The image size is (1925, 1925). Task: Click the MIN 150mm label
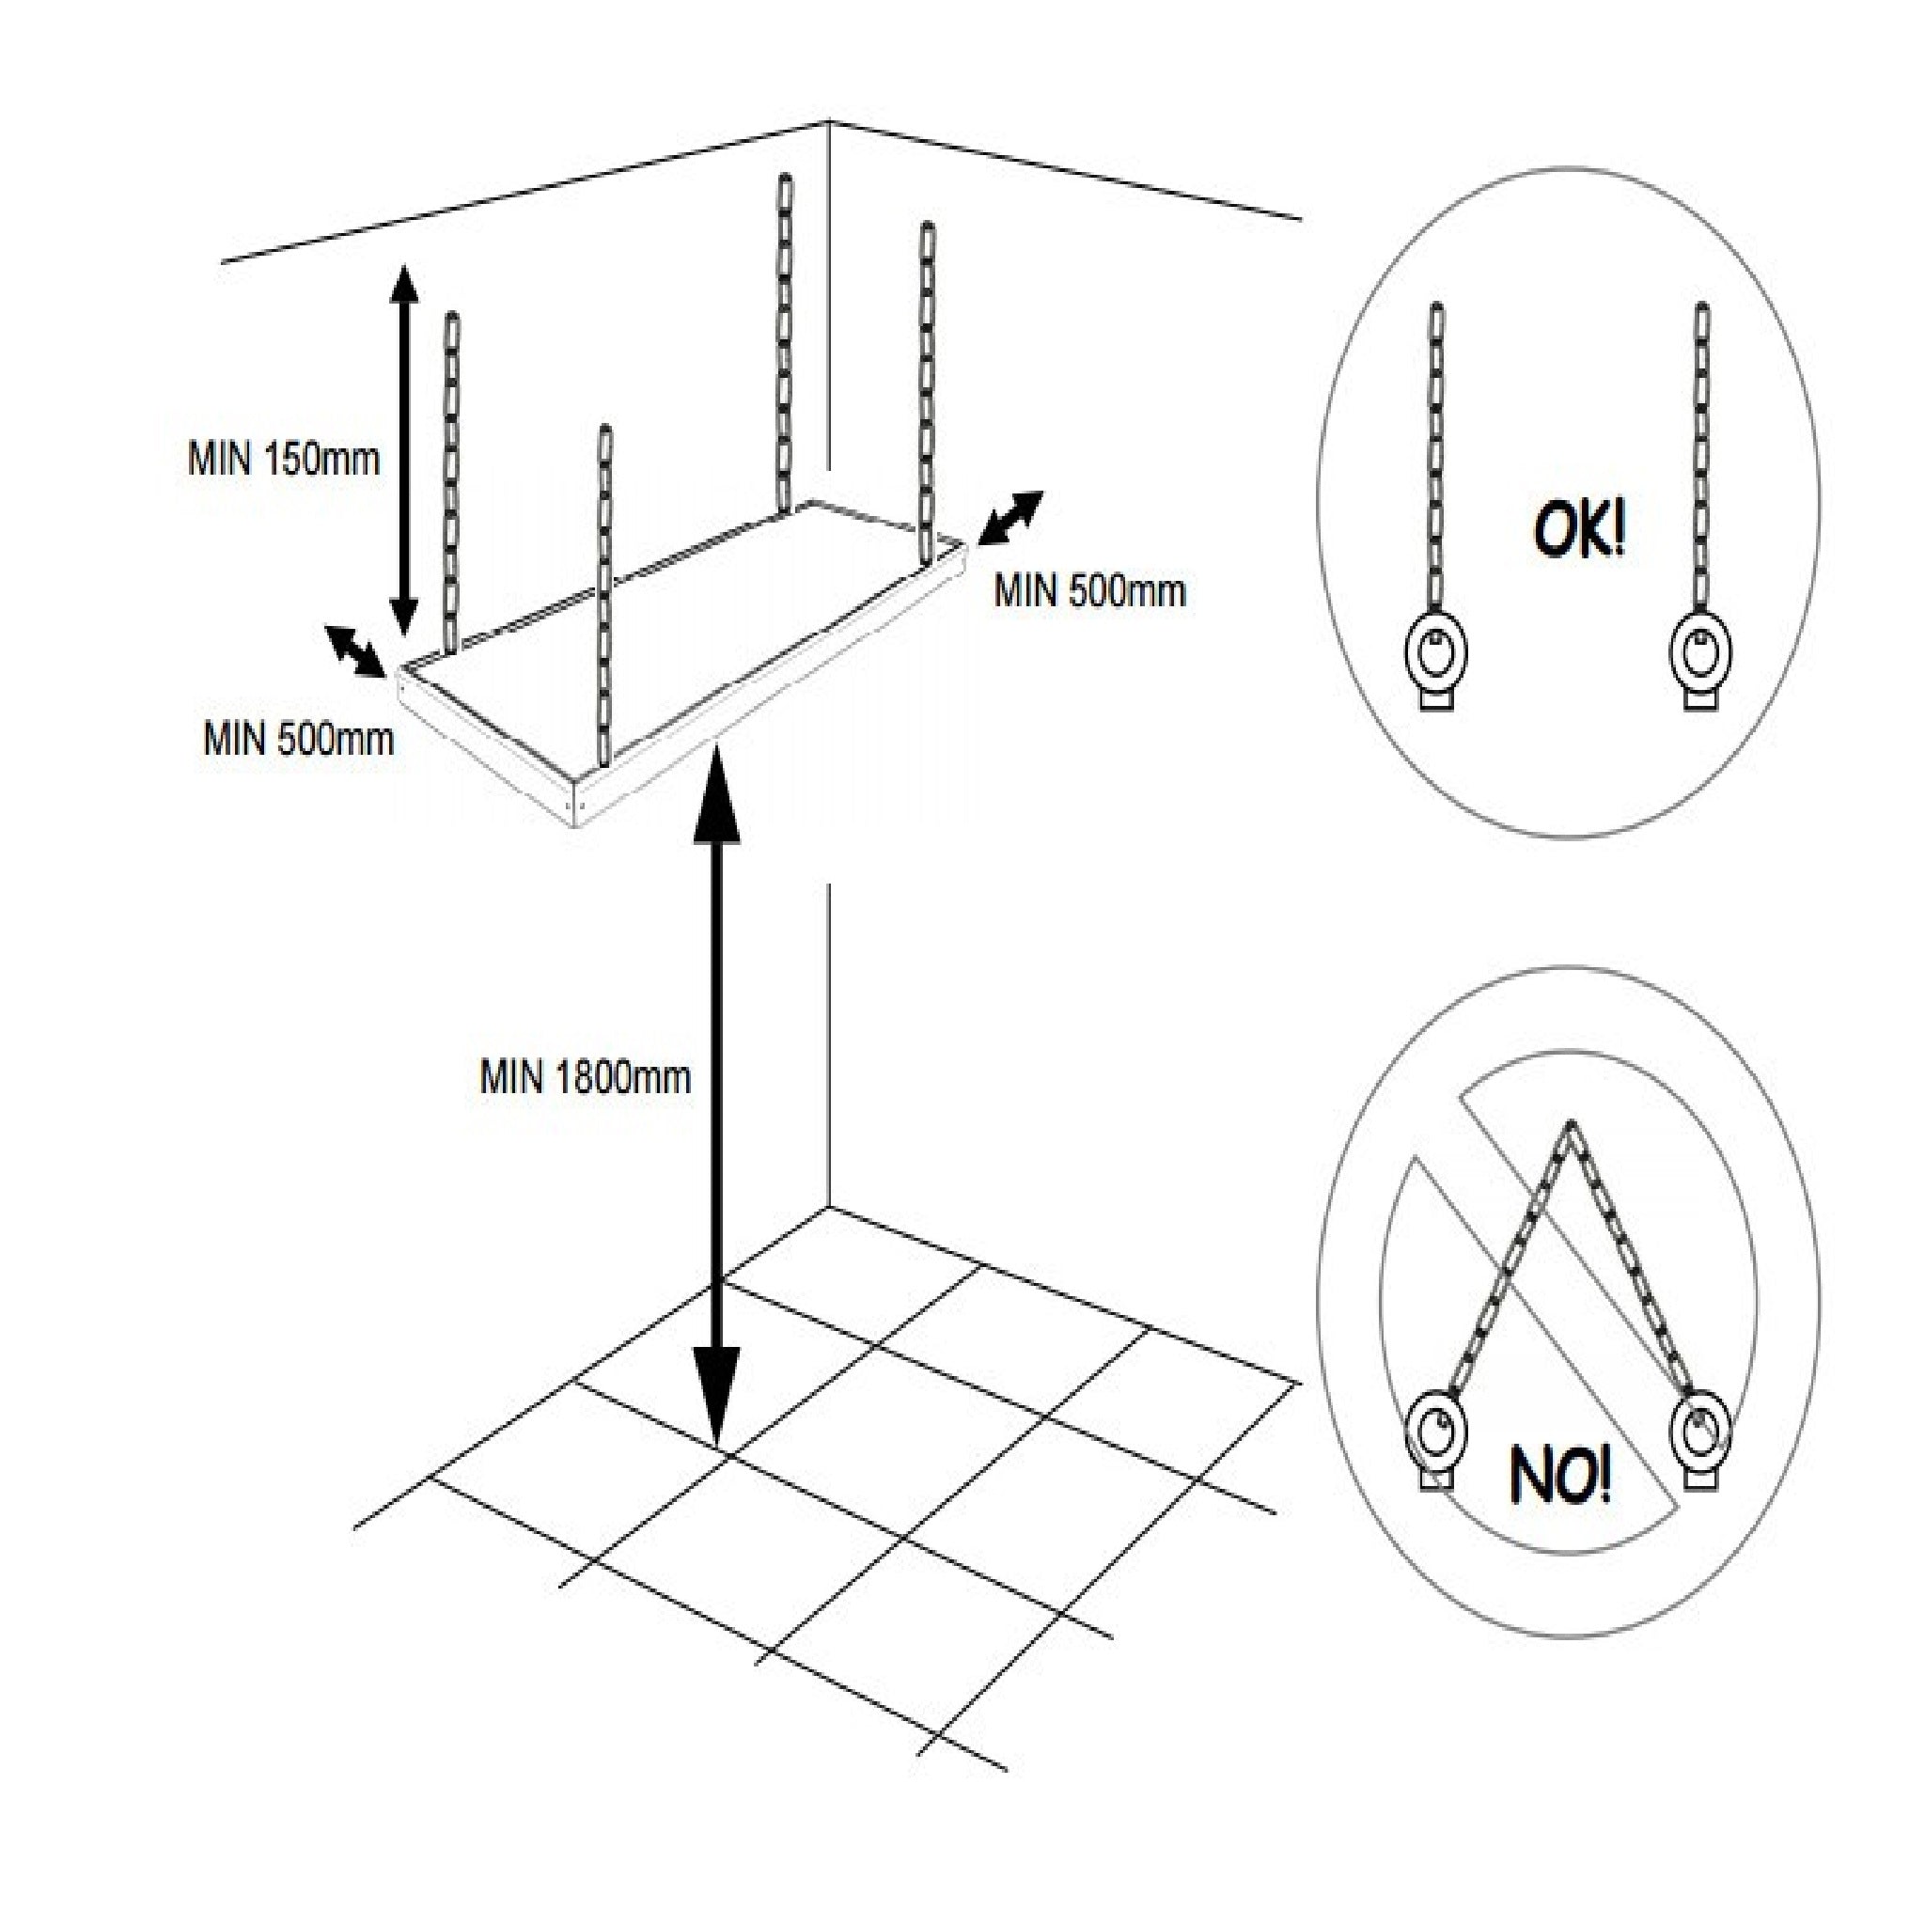(x=284, y=461)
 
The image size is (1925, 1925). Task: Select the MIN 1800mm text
(x=585, y=1077)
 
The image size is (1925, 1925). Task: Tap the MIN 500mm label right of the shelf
(x=1090, y=592)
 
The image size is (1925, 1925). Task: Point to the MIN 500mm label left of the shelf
(x=299, y=740)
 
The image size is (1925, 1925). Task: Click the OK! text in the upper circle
(x=1578, y=532)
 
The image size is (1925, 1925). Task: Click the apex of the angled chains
(x=1572, y=1126)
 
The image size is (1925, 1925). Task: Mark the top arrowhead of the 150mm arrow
(x=402, y=284)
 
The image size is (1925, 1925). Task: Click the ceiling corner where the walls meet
(x=830, y=122)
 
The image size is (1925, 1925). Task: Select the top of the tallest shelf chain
(x=784, y=181)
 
